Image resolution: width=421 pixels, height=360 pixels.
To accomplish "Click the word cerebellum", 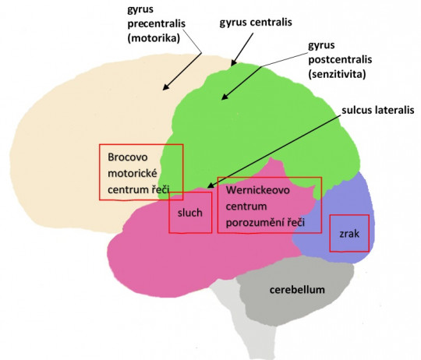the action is pos(297,290).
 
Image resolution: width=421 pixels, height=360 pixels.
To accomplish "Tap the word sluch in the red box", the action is pos(189,213).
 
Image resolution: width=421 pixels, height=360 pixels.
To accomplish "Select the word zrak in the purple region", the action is pos(349,234).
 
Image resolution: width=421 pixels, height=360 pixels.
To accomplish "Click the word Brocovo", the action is pos(128,157).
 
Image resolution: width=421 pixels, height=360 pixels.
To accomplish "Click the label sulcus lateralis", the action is pos(378,110).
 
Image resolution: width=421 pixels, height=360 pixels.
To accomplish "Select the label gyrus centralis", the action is pos(256,22).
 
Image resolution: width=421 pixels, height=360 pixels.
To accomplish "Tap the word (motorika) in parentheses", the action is pos(154,38).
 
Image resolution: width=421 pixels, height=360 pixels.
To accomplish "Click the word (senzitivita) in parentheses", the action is pos(337,74).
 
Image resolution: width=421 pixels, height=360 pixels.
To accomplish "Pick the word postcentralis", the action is pos(340,59).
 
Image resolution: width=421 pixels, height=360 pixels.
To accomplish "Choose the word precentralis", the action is pos(156,23).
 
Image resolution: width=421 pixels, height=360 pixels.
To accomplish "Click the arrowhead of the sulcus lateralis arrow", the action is pos(210,185).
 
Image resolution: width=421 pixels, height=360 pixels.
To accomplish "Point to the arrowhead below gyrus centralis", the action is pos(233,63).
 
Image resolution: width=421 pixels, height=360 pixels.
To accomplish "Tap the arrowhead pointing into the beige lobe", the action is pos(165,87).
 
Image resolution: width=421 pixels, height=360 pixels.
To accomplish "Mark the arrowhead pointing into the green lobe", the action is pos(224,97).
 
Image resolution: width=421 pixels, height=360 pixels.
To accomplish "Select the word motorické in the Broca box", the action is pos(132,173).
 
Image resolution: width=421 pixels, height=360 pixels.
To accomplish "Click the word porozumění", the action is pos(253,223).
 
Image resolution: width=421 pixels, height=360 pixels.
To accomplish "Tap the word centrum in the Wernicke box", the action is pos(246,206).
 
